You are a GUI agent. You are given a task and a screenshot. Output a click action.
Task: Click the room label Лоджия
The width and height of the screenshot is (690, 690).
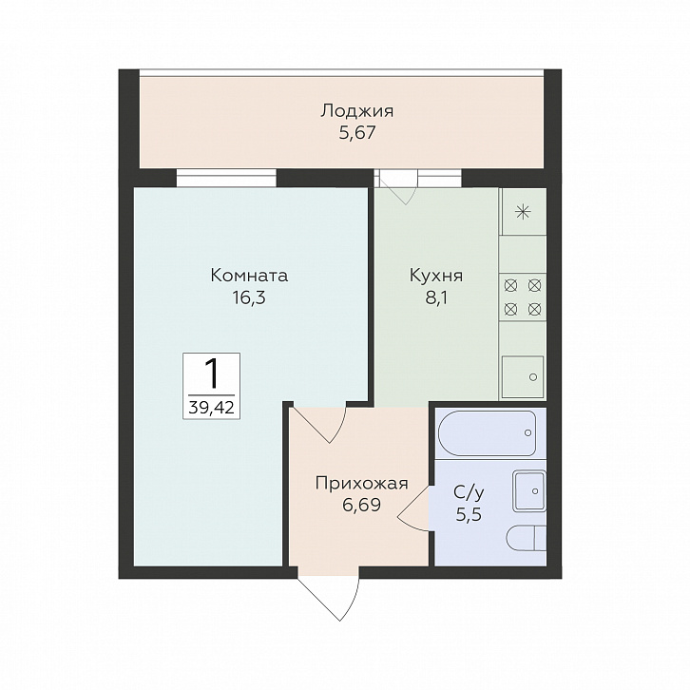(x=356, y=112)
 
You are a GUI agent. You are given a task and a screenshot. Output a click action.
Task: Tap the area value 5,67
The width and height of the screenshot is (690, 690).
(x=357, y=132)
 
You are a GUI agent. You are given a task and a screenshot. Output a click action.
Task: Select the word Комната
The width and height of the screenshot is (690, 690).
(x=249, y=276)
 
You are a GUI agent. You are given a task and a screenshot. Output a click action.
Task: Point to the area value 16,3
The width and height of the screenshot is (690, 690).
(x=249, y=297)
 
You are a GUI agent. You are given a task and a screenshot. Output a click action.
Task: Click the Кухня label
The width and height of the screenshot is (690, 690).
(x=436, y=277)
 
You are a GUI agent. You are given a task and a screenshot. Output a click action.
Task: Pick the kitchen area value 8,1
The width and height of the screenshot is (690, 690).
(x=436, y=297)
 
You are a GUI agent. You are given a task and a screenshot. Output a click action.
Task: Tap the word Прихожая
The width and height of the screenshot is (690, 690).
(x=362, y=484)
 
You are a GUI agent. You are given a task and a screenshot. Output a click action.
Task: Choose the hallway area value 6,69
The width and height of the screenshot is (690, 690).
(x=361, y=505)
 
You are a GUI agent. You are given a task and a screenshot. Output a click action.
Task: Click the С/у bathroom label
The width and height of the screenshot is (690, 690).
(x=470, y=493)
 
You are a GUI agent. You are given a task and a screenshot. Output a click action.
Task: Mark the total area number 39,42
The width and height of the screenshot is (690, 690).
(x=211, y=408)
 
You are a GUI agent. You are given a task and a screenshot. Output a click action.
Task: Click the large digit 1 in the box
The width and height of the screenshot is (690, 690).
(x=212, y=374)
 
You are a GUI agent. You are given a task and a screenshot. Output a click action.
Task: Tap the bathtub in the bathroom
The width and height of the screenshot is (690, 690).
(x=487, y=433)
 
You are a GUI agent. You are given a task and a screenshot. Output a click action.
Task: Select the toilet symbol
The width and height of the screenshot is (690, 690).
(x=527, y=538)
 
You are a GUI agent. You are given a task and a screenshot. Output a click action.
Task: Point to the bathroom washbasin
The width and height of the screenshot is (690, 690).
(x=529, y=491)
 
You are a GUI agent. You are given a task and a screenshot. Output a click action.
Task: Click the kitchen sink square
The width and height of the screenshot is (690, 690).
(x=523, y=375)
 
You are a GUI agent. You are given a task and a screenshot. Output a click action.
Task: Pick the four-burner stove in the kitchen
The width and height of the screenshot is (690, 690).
(x=523, y=297)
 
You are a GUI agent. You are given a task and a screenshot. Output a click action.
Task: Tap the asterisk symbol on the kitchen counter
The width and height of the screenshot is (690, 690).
(x=524, y=213)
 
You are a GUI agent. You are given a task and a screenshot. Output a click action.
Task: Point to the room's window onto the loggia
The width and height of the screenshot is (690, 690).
(x=226, y=179)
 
